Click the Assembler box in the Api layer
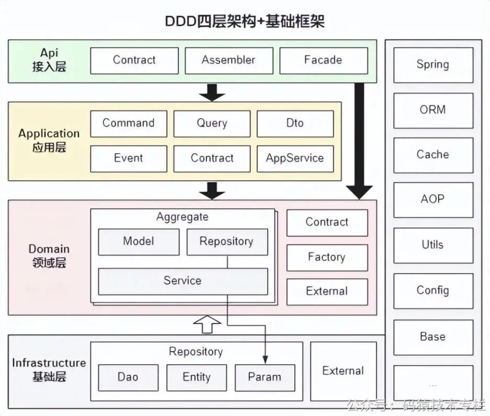click(229, 61)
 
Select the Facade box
click(323, 61)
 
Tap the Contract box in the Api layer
click(134, 61)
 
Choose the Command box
click(129, 124)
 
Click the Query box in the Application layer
click(212, 124)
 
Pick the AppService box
click(295, 158)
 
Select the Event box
click(129, 158)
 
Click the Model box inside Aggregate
click(139, 241)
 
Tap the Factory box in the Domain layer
click(327, 257)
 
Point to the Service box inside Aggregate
click(183, 281)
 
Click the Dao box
click(128, 377)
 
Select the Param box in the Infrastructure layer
click(265, 377)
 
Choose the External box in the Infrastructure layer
click(343, 371)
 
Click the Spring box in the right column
click(433, 65)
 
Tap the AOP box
click(433, 200)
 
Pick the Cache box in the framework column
click(433, 155)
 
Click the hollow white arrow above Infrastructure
click(208, 325)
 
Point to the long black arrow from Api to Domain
click(359, 141)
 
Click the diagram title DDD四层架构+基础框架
click(245, 21)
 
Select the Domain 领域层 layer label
click(49, 256)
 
